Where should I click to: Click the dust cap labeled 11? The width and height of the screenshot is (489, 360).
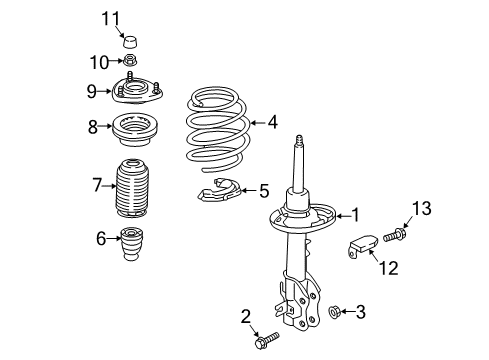130,41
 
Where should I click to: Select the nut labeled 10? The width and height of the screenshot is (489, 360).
130,60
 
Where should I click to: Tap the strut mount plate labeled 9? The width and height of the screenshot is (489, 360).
137,89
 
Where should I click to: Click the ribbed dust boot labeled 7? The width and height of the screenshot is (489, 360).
132,188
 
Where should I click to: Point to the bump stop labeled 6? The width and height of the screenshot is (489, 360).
132,243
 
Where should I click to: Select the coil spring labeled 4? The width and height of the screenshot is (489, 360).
218,129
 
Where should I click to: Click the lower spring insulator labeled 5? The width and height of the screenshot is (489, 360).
218,191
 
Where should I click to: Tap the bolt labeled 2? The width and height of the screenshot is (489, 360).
267,340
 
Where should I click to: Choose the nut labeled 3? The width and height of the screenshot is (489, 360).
334,312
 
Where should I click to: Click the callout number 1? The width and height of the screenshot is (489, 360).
356,215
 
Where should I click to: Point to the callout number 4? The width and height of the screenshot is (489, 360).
272,122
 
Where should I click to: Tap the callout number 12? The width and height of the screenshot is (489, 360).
389,268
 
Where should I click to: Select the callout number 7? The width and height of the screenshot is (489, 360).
97,185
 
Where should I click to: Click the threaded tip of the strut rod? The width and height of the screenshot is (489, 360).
299,139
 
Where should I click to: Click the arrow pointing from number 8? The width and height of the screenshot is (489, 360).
105,126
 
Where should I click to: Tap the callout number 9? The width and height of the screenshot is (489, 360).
91,91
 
